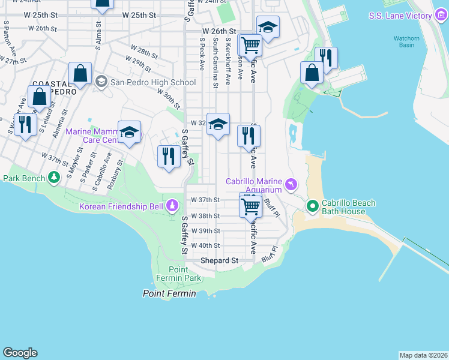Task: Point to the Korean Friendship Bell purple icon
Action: click(x=172, y=206)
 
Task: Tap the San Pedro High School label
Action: click(x=153, y=82)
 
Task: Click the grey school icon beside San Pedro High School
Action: click(x=101, y=82)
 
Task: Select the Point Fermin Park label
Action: click(x=184, y=274)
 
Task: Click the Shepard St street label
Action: click(x=219, y=260)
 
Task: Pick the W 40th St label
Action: click(x=205, y=245)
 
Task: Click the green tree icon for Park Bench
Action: click(x=55, y=178)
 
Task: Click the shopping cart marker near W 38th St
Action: click(x=250, y=206)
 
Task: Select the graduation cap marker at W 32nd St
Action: click(x=218, y=124)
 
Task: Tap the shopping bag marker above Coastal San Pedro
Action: click(x=80, y=74)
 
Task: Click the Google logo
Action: click(x=20, y=353)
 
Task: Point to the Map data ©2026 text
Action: click(x=423, y=355)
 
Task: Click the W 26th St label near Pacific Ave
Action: click(x=219, y=31)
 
